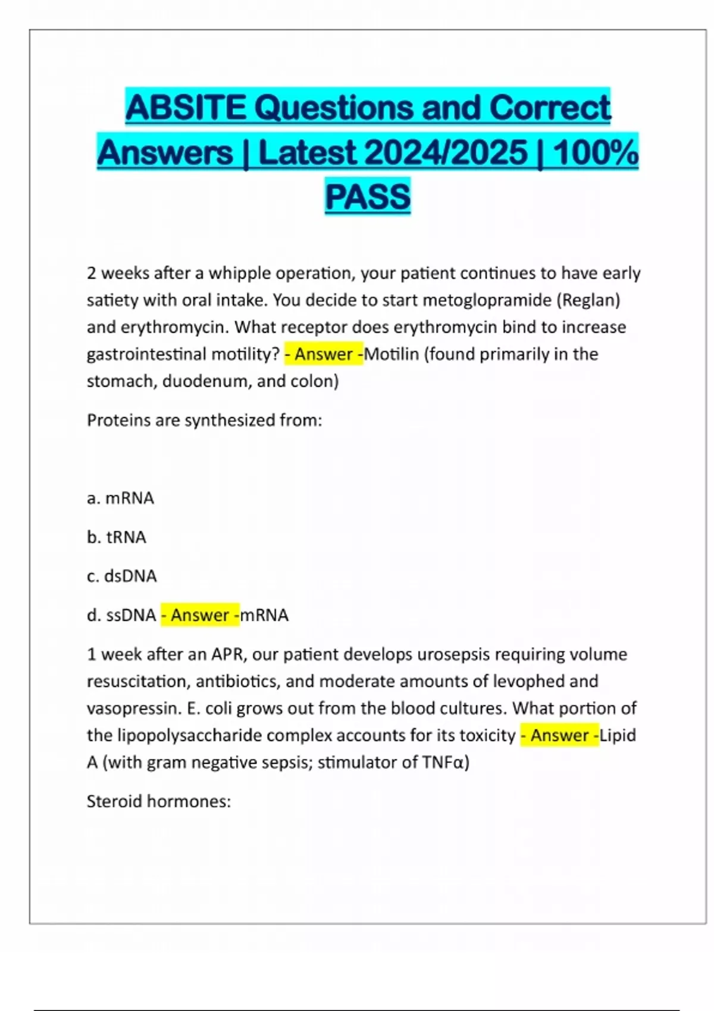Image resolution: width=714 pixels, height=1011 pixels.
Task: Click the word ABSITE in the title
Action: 186,108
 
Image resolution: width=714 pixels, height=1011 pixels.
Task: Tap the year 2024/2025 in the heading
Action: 446,152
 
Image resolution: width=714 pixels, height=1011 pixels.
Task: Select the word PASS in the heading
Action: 368,197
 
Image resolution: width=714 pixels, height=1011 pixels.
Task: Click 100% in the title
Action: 595,152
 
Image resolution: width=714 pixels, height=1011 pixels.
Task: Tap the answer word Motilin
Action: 392,354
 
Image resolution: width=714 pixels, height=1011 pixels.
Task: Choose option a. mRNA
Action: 120,498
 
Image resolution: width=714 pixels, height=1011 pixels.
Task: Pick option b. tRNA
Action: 117,537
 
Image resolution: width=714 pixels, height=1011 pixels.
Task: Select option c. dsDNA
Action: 122,576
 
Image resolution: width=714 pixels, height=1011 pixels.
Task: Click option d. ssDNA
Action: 121,615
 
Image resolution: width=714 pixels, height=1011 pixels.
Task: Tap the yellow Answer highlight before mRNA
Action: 200,615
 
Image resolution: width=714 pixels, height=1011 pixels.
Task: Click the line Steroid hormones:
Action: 159,801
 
